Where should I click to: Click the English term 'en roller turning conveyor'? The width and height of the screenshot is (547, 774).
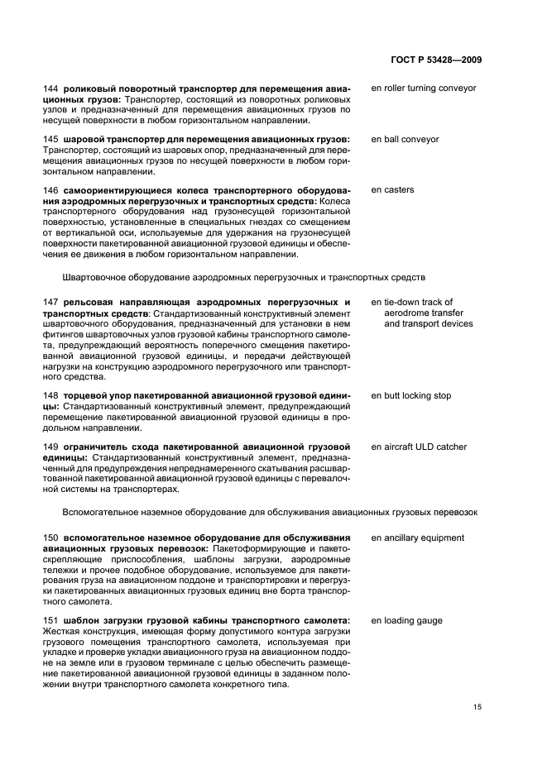[424, 88]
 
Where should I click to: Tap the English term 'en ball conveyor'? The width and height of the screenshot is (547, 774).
[405, 140]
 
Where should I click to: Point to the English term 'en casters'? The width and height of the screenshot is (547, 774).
[392, 190]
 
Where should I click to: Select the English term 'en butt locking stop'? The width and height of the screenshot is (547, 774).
[411, 396]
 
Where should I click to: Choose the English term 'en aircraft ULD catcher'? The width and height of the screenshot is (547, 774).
[419, 447]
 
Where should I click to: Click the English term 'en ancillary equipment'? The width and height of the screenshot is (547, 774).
[417, 538]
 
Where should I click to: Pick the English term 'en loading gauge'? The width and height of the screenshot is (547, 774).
[406, 621]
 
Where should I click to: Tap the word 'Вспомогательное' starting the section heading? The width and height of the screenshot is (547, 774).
[99, 511]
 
